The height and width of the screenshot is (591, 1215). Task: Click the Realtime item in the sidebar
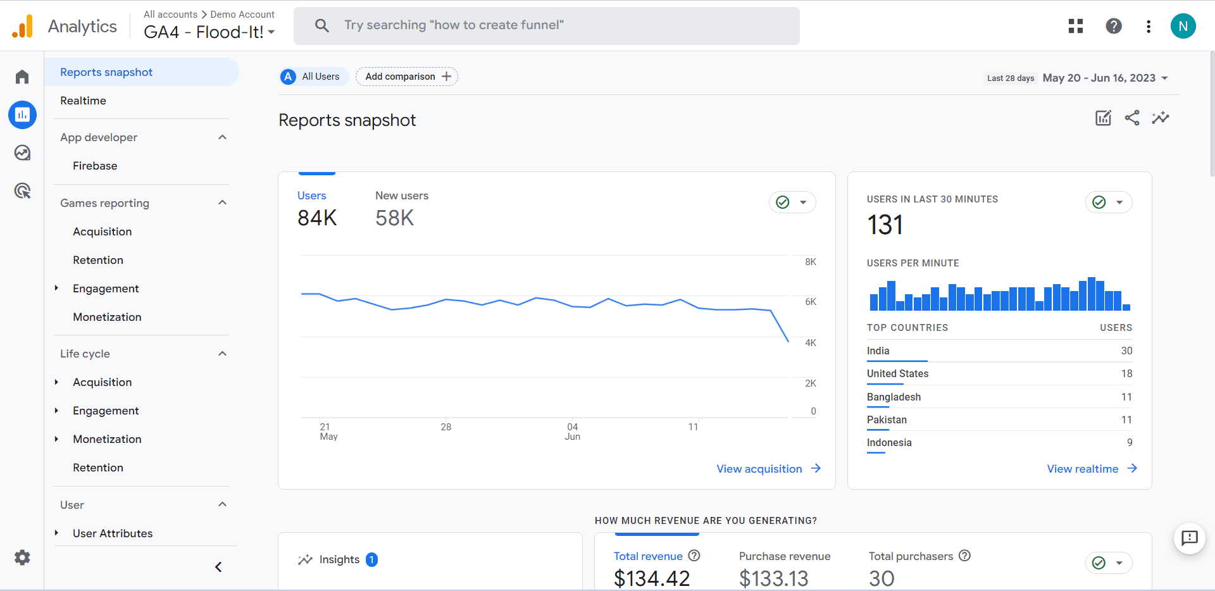[x=83, y=101]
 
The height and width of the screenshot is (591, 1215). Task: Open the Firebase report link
[x=95, y=166]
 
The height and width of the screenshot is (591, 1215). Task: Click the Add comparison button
[x=407, y=77]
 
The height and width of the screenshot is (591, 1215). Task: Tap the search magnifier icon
[x=322, y=25]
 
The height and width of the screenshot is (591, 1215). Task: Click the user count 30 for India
[x=1126, y=351]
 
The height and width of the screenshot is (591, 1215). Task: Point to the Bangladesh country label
[x=894, y=397]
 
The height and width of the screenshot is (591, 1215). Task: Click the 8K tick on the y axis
[x=811, y=262]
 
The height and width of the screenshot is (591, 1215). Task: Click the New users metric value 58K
[x=394, y=218]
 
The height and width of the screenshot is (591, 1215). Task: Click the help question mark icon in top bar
[x=1114, y=26]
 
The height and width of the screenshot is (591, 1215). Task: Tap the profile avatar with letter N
[x=1183, y=26]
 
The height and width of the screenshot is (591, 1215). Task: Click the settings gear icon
[x=22, y=557]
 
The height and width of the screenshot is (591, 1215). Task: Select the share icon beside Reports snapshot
[x=1132, y=118]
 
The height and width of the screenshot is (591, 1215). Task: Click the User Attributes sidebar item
[x=113, y=533]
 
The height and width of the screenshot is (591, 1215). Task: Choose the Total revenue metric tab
[x=648, y=556]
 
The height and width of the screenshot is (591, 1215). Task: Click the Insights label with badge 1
[x=339, y=559]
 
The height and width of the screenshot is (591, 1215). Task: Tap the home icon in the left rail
[x=22, y=77]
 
